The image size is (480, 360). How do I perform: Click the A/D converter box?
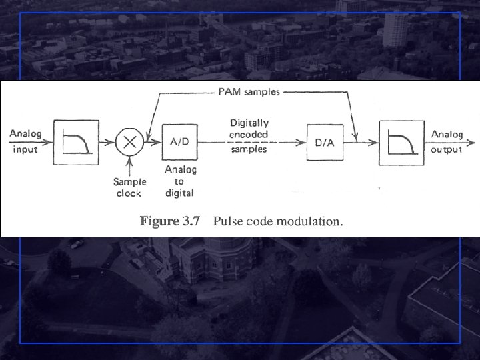pyautogui.click(x=179, y=141)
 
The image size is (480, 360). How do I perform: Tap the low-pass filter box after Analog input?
pyautogui.click(x=76, y=141)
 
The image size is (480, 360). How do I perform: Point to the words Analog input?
pyautogui.click(x=25, y=141)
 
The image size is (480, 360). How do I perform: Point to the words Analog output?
pyautogui.click(x=447, y=141)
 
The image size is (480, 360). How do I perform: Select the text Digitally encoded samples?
pyautogui.click(x=249, y=136)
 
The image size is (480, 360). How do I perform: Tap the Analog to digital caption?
pyautogui.click(x=180, y=181)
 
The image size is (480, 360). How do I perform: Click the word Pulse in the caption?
pyautogui.click(x=227, y=221)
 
